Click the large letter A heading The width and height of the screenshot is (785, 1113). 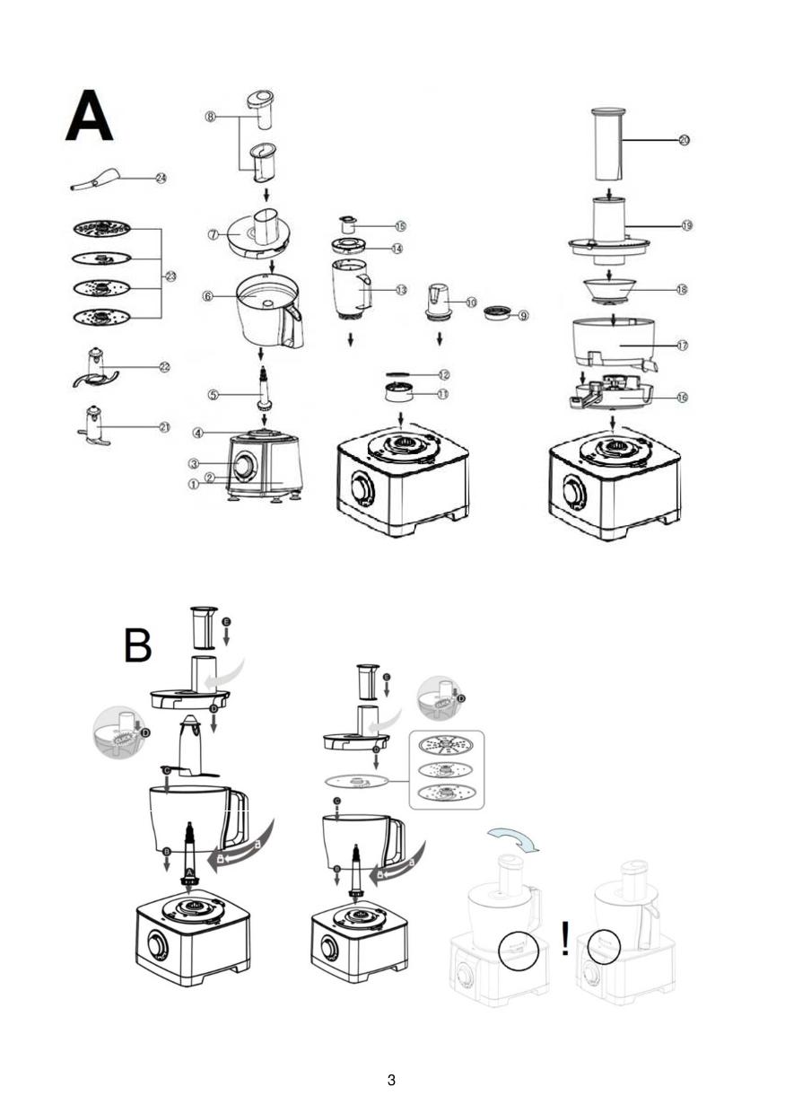click(x=90, y=115)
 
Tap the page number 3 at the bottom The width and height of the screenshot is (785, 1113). click(x=391, y=1080)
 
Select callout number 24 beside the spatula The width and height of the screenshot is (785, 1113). click(x=161, y=179)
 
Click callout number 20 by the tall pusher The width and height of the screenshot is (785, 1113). click(x=684, y=140)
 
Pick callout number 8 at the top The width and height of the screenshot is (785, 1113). click(x=211, y=118)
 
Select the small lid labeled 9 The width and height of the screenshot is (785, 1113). click(x=497, y=312)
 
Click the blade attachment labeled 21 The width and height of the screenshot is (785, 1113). click(x=93, y=426)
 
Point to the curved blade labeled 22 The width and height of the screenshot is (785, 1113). click(x=94, y=369)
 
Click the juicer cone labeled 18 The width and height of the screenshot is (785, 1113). click(x=610, y=290)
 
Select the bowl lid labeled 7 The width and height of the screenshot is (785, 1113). click(x=257, y=232)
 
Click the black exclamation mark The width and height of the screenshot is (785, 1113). click(x=564, y=938)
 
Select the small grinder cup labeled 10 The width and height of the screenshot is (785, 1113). click(x=440, y=302)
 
